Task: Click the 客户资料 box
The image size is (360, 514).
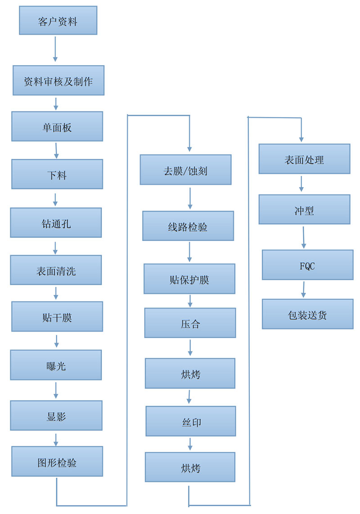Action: click(x=58, y=20)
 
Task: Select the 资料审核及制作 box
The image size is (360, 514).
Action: click(x=58, y=80)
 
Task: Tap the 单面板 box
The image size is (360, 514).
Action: click(x=57, y=126)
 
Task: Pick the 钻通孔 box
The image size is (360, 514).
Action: click(x=56, y=223)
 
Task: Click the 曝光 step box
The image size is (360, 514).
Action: click(x=56, y=365)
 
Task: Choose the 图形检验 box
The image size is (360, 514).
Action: click(x=57, y=461)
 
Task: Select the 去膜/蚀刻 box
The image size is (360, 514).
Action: click(x=185, y=170)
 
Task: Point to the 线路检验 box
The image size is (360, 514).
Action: click(x=188, y=226)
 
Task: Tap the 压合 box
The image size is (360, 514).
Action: click(x=190, y=323)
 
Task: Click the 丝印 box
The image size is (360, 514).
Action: click(x=191, y=421)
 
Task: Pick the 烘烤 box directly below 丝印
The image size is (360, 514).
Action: click(x=190, y=467)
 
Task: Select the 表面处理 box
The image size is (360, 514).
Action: click(x=304, y=159)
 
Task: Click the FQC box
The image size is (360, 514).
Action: click(x=307, y=265)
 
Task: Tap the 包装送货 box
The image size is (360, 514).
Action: click(x=307, y=314)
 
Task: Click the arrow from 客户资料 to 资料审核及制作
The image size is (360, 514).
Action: click(x=55, y=49)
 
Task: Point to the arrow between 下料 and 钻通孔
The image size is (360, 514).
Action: click(x=55, y=200)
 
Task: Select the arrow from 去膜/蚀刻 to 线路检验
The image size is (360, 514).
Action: click(x=190, y=199)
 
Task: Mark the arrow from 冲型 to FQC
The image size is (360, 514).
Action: click(x=304, y=237)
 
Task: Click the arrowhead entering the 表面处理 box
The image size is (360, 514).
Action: click(x=301, y=140)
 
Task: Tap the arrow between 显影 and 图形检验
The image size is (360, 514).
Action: click(x=56, y=440)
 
